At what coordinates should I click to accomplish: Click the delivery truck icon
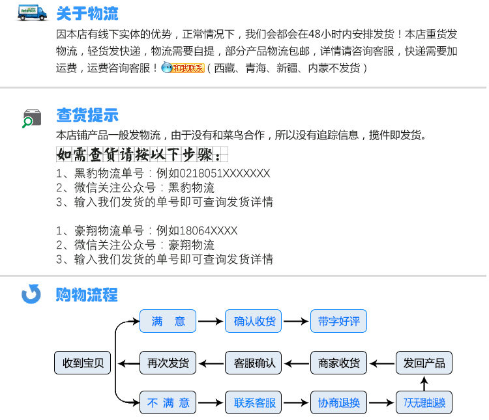(x=32, y=13)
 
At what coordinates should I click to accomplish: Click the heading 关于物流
(x=87, y=14)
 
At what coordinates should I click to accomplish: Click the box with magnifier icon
(x=31, y=118)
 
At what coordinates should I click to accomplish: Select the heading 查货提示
(x=87, y=116)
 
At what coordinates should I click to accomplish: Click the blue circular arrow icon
(x=31, y=294)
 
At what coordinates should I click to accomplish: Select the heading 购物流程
(x=87, y=294)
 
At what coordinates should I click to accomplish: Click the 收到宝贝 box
(x=83, y=363)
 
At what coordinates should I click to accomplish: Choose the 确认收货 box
(x=254, y=322)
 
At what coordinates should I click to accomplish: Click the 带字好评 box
(x=338, y=322)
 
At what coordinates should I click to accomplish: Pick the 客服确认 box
(x=254, y=363)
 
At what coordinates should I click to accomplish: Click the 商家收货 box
(x=338, y=363)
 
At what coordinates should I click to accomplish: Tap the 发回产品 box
(x=424, y=363)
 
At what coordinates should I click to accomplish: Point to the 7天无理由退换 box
(x=424, y=402)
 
